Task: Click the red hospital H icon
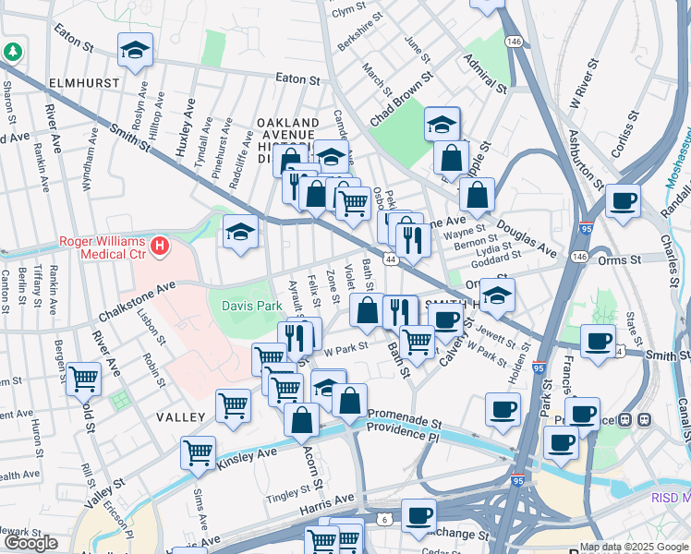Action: tap(161, 247)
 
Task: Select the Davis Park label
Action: tap(250, 306)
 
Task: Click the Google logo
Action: tap(30, 543)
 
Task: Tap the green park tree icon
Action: tap(13, 53)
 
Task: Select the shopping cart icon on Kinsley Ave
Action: tap(198, 452)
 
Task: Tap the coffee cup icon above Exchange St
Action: tap(418, 514)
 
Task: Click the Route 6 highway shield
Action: tap(383, 520)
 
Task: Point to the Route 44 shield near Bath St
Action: tap(392, 261)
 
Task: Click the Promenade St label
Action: tap(406, 416)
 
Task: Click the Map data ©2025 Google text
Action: tap(634, 547)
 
